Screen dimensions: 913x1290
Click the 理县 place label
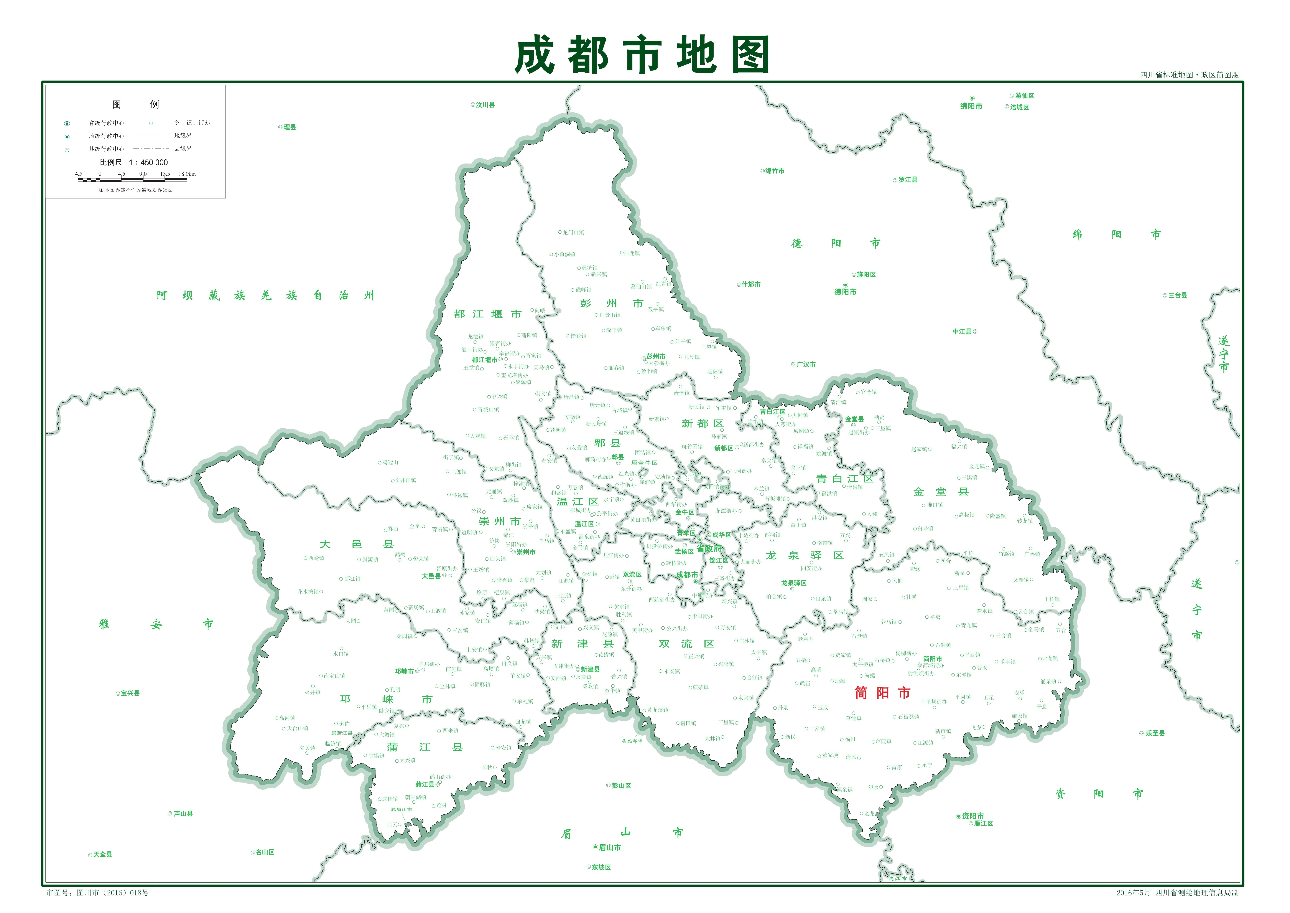[x=289, y=128]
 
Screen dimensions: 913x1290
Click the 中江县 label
[x=962, y=332]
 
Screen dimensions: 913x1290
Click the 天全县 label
[x=102, y=855]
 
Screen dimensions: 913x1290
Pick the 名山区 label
[x=265, y=852]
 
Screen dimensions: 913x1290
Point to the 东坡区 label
[x=601, y=867]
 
